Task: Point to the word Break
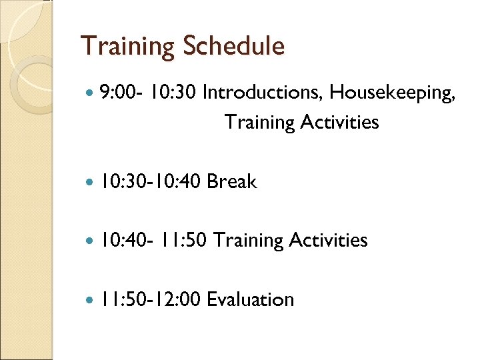coord(231,181)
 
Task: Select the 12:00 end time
coord(177,299)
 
